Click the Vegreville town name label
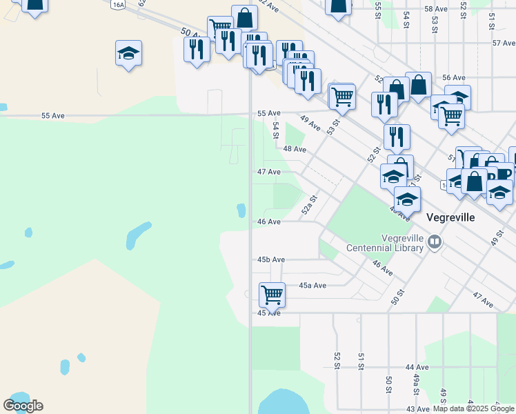450,217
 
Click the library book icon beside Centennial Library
435,241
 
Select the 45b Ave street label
271,259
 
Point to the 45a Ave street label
312,285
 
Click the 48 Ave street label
295,149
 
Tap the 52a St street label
309,205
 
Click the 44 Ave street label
417,367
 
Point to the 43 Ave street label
417,410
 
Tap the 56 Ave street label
454,78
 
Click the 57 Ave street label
504,43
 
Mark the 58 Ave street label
436,9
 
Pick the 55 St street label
378,10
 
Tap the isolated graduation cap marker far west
128,54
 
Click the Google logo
23,406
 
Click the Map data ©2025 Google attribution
473,408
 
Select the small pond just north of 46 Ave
241,209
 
